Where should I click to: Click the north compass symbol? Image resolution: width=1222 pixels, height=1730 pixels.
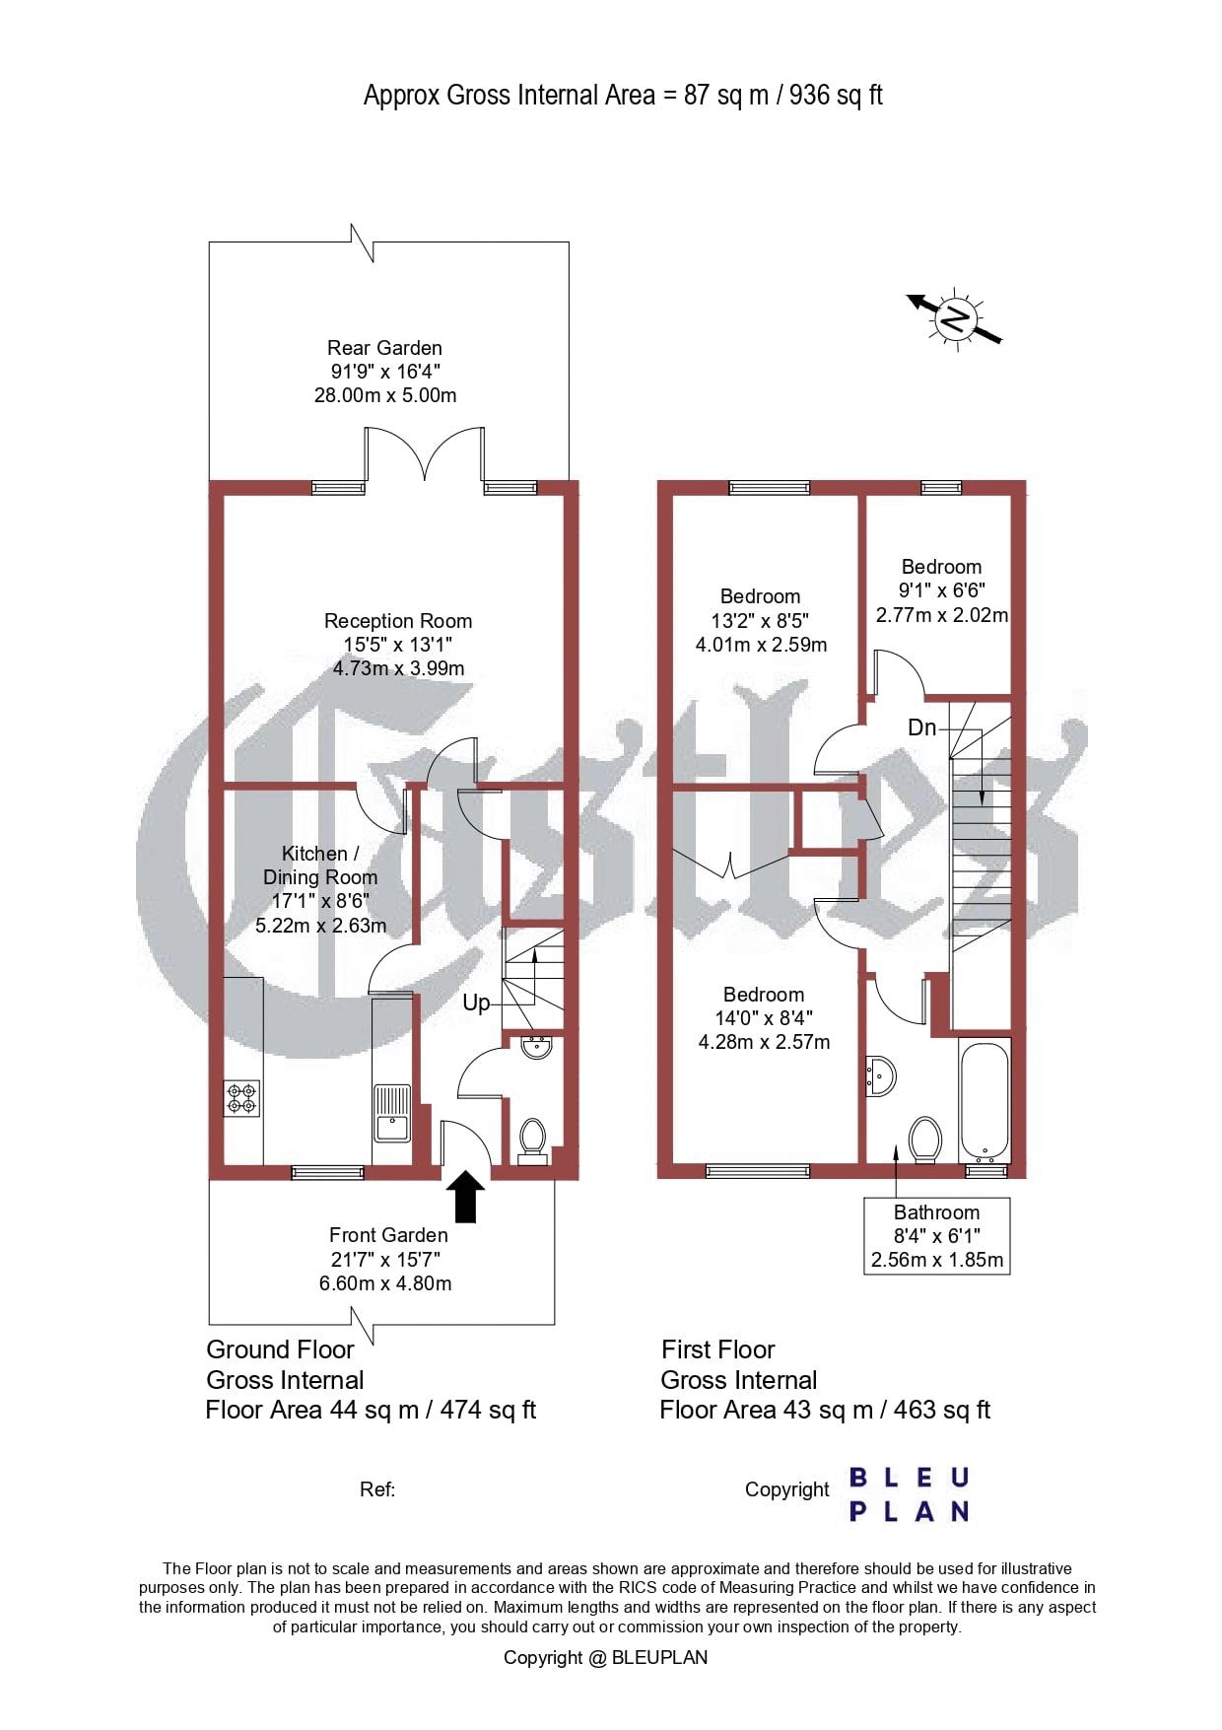coord(955,318)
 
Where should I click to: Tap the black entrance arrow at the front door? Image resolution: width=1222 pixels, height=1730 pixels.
coord(465,1196)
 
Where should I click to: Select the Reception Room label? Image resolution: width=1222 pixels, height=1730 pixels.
coord(398,621)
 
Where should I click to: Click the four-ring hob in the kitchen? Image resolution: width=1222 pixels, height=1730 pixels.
coord(242,1098)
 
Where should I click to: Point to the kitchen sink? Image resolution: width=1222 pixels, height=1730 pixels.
coord(391,1112)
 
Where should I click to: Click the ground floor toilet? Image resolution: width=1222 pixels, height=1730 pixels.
coord(532,1142)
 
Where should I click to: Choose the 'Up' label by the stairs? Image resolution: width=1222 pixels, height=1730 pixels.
coord(476,1003)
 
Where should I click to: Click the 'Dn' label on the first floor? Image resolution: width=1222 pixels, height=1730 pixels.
coord(921,727)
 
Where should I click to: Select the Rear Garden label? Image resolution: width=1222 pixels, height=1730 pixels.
coord(384,348)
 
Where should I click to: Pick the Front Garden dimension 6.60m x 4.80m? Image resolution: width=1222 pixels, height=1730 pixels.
coord(385,1283)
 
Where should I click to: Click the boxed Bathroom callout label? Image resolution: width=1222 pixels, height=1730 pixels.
coord(936,1236)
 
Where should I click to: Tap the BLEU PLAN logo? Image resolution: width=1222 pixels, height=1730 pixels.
coord(909,1494)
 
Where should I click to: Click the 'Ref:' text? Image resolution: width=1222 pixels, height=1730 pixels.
coord(377,1489)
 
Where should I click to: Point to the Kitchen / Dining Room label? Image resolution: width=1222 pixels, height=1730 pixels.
coord(320,865)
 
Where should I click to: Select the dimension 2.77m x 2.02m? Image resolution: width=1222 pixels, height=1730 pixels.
coord(942,614)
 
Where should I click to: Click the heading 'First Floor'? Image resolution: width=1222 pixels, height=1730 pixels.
coord(718,1349)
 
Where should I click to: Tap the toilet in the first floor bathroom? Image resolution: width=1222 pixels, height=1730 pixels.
coord(925,1140)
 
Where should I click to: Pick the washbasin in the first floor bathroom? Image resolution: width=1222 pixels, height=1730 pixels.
coord(881,1076)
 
